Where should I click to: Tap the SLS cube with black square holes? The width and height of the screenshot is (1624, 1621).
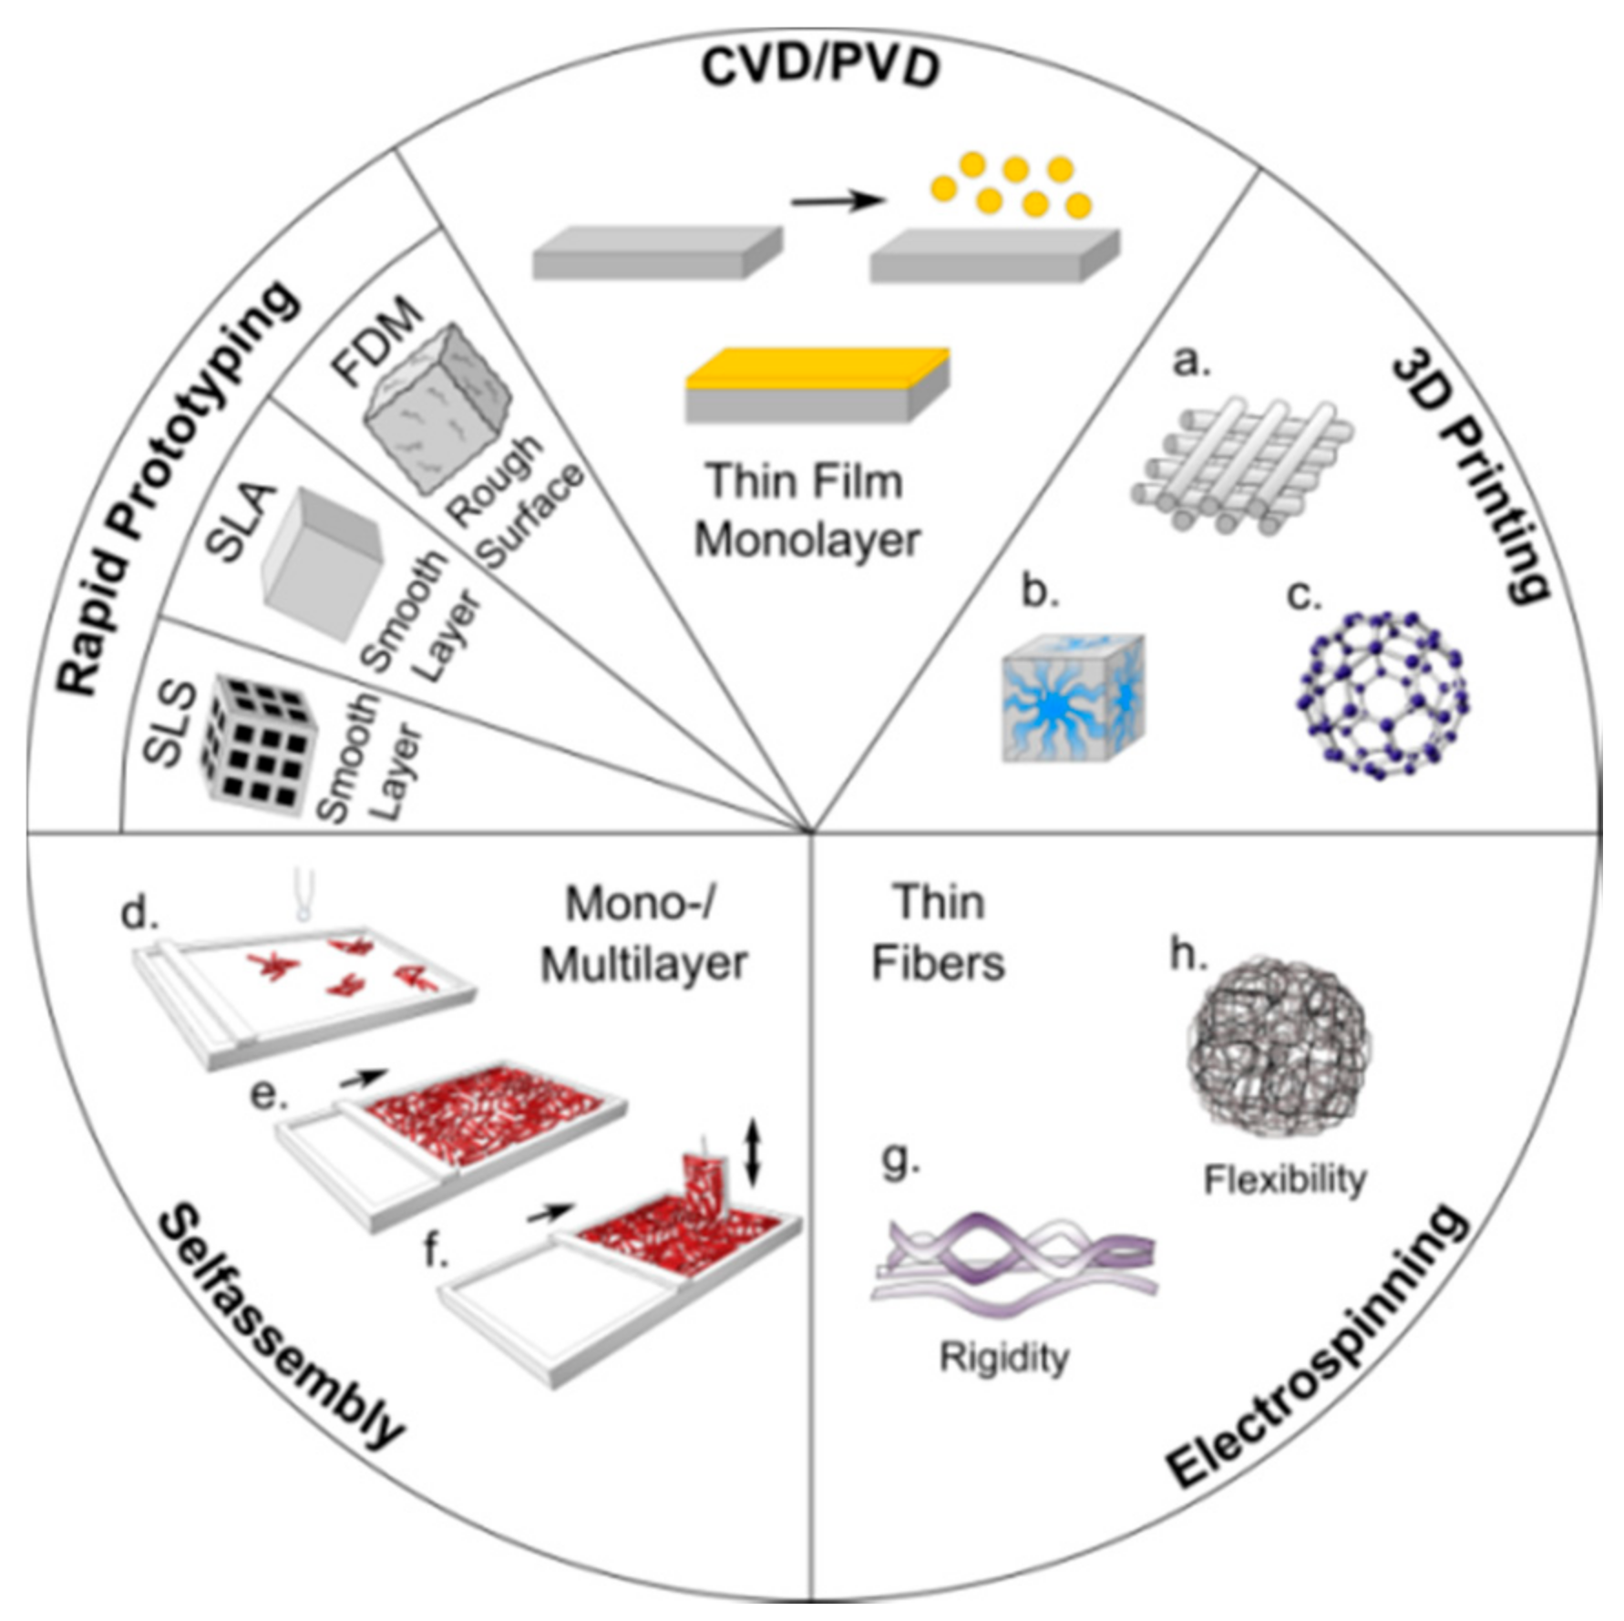click(x=259, y=744)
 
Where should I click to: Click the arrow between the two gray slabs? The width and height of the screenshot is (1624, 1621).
click(x=838, y=200)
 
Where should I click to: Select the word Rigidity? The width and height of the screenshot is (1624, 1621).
click(x=1003, y=1357)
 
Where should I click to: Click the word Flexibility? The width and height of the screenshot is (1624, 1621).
click(x=1285, y=1179)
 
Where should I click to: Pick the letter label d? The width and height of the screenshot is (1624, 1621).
click(x=139, y=912)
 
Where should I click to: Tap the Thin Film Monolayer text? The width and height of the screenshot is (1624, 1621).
click(x=807, y=510)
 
